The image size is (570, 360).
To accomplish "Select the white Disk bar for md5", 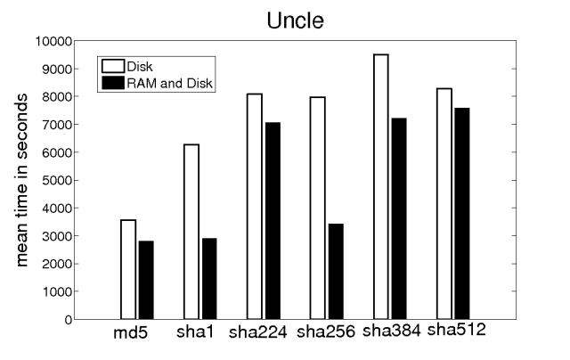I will coord(128,269).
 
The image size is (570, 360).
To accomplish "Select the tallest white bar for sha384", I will coord(381,186).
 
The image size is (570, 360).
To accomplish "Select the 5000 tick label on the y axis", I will coord(58,180).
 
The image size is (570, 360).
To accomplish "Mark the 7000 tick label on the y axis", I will coord(58,125).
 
